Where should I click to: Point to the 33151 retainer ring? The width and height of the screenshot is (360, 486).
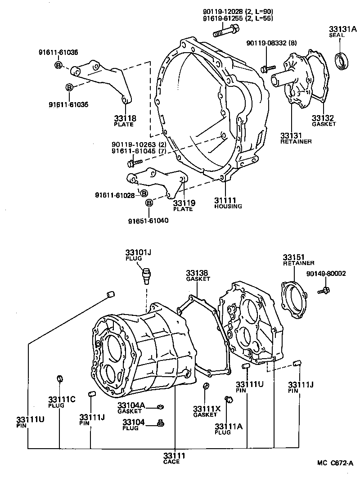pos(293,301)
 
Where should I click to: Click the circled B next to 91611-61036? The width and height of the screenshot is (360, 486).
pos(58,66)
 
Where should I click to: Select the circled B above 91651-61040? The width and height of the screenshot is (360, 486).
pos(149,204)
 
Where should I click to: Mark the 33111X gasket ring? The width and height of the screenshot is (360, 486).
pos(206,386)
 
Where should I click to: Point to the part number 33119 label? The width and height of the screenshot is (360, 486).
pos(184,203)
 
